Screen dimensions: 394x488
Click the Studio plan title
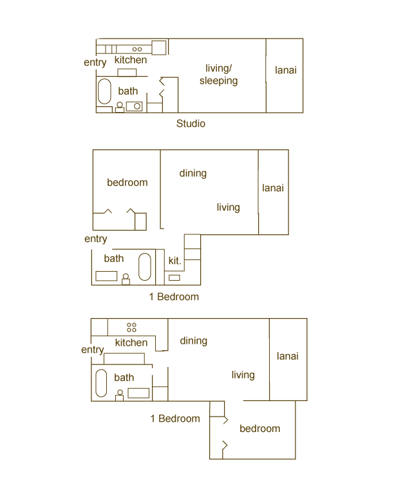pyautogui.click(x=191, y=124)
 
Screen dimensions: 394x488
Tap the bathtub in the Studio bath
pyautogui.click(x=104, y=91)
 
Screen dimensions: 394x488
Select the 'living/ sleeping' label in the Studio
pyautogui.click(x=218, y=75)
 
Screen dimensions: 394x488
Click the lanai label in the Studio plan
pyautogui.click(x=286, y=70)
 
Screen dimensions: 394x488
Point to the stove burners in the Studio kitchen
pyautogui.click(x=137, y=49)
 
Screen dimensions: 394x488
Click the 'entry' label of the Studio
pyautogui.click(x=95, y=62)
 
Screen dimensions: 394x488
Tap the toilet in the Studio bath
pyautogui.click(x=120, y=107)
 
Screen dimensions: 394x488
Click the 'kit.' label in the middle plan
pyautogui.click(x=174, y=261)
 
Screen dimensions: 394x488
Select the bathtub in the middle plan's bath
pyautogui.click(x=145, y=267)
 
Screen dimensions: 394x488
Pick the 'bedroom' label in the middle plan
pyautogui.click(x=127, y=182)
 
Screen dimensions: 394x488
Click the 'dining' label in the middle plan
pyautogui.click(x=193, y=173)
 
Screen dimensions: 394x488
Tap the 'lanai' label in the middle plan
pyautogui.click(x=273, y=188)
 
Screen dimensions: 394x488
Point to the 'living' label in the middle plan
pyautogui.click(x=229, y=207)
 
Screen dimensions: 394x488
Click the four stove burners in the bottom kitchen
pyautogui.click(x=131, y=328)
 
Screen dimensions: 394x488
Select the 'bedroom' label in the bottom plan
pyautogui.click(x=260, y=429)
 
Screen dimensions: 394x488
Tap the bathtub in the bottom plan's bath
pyautogui.click(x=101, y=383)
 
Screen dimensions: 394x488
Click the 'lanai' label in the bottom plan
pyautogui.click(x=288, y=356)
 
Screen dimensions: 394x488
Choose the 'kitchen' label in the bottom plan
pyautogui.click(x=131, y=343)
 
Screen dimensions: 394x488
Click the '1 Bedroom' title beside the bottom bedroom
pyautogui.click(x=175, y=418)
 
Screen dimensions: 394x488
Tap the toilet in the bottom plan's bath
pyautogui.click(x=120, y=395)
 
